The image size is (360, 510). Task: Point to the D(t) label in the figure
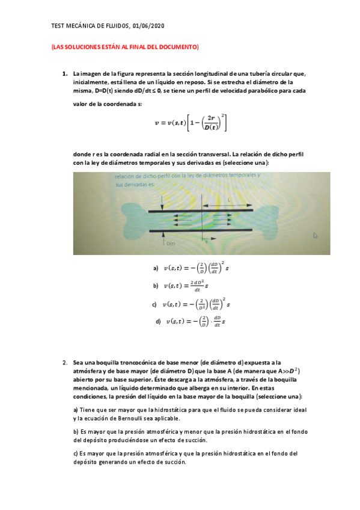[170, 243]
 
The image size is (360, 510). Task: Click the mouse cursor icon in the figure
[314, 236]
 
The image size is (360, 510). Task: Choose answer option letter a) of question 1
[156, 268]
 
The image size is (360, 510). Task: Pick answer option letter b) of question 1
[156, 286]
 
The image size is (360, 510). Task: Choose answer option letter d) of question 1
[158, 322]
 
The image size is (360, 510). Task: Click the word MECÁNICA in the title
[82, 26]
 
